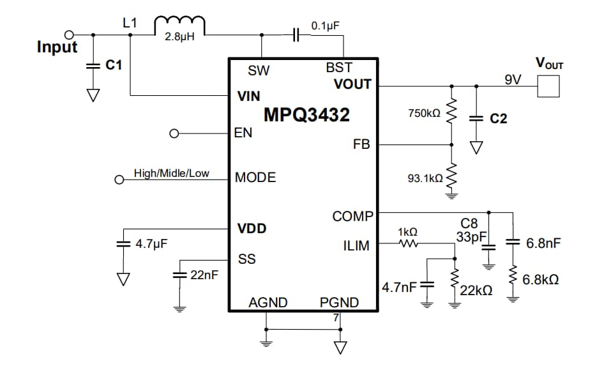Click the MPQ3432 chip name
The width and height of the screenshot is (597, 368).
(306, 115)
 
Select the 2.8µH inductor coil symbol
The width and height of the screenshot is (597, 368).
(179, 25)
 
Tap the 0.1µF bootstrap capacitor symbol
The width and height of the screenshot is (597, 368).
(296, 35)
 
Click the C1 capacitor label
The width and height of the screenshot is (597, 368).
(114, 65)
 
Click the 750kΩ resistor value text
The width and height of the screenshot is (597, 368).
(425, 113)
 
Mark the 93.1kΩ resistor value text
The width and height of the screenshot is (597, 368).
(425, 178)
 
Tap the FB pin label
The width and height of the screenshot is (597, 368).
(361, 144)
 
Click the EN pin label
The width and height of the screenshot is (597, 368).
(244, 134)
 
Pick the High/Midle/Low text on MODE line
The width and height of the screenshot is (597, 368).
(171, 173)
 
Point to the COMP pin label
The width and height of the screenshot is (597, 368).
(352, 217)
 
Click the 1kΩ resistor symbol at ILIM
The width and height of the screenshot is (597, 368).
(408, 243)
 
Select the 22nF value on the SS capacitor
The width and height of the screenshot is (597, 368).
(204, 275)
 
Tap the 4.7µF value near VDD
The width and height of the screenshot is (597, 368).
(151, 243)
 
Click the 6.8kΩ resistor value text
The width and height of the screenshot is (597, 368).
(540, 280)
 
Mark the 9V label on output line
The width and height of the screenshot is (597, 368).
(513, 79)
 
